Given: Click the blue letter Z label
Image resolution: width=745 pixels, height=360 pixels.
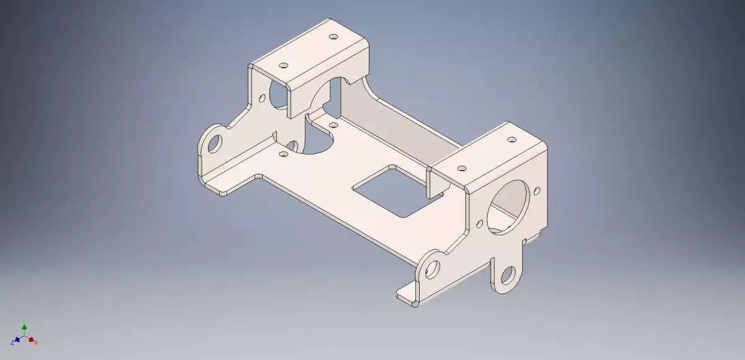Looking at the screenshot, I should click(x=12, y=343).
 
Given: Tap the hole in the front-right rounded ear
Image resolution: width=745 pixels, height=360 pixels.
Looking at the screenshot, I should click(x=433, y=268).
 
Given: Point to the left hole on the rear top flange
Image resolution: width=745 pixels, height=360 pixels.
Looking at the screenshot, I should click(x=285, y=65).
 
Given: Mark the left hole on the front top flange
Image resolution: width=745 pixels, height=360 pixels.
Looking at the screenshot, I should click(x=462, y=168).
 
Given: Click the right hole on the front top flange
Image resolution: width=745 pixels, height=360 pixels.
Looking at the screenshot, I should click(x=512, y=140).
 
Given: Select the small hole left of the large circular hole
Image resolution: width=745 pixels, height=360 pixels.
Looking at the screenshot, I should click(x=479, y=223).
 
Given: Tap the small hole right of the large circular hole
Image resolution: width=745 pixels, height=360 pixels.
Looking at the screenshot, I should click(x=538, y=189).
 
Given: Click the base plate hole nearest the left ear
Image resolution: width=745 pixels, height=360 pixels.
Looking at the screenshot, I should click(x=283, y=153).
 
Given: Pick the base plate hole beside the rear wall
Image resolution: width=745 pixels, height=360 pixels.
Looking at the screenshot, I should click(x=333, y=125).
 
